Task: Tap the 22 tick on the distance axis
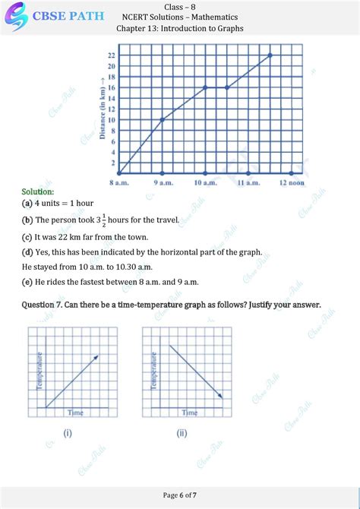[111, 55]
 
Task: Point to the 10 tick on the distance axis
[111, 119]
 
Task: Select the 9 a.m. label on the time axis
[162, 183]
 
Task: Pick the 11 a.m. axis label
[248, 183]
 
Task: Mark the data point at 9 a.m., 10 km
[162, 119]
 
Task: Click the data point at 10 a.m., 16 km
[205, 87]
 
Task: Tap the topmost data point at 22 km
[270, 55]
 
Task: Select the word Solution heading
[38, 192]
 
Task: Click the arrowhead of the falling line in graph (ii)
[221, 396]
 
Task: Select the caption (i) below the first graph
[68, 435]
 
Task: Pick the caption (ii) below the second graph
[182, 435]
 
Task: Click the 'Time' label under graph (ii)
[190, 413]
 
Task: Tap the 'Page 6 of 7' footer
[180, 495]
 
